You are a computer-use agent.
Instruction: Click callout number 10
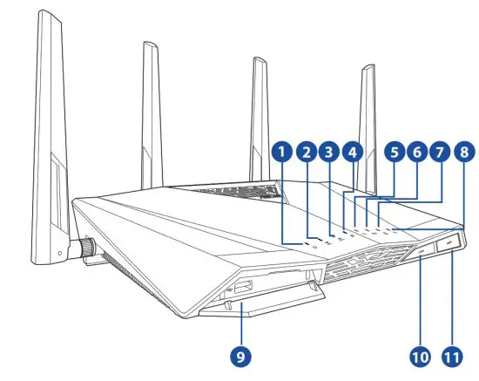(422, 355)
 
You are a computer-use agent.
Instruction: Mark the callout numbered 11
(452, 355)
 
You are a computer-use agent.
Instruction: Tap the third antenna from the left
(259, 113)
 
